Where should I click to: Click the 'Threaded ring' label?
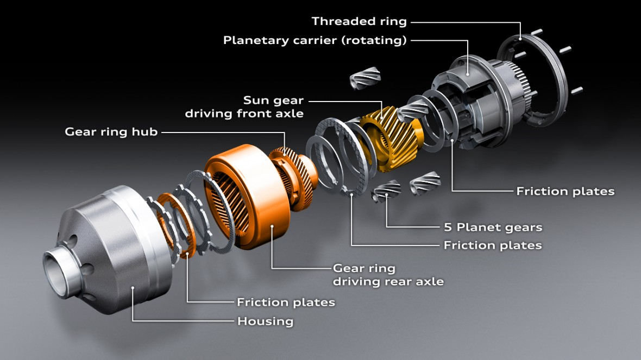pos(359,22)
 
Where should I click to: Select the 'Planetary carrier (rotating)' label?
pos(315,40)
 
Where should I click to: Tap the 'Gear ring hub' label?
pos(111,131)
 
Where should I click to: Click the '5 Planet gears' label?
pos(493,227)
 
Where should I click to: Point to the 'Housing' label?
pos(265,321)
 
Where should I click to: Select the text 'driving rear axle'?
pos(388,281)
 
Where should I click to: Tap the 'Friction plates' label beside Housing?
pos(286,302)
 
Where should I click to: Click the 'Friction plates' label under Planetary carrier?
pos(565,191)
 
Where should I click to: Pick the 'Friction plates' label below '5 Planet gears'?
pos(493,245)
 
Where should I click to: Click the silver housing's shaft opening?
pos(57,267)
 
